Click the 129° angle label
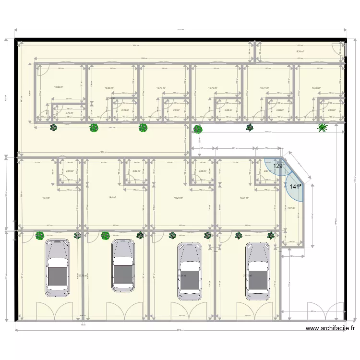click(x=279, y=166)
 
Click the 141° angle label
click(x=295, y=187)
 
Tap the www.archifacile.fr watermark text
click(x=330, y=329)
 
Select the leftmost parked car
click(x=57, y=268)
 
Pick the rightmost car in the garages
click(x=258, y=271)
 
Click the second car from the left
click(x=123, y=266)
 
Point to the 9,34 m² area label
click(x=300, y=51)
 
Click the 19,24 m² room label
click(x=178, y=198)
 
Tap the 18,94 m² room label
click(x=244, y=198)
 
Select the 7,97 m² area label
click(x=291, y=208)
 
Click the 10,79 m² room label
click(x=213, y=88)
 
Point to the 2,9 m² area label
click(x=176, y=110)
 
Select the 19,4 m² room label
click(x=112, y=198)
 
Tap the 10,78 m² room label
click(x=316, y=88)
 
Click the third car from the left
click(x=189, y=271)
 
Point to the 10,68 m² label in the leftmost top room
click(x=59, y=87)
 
